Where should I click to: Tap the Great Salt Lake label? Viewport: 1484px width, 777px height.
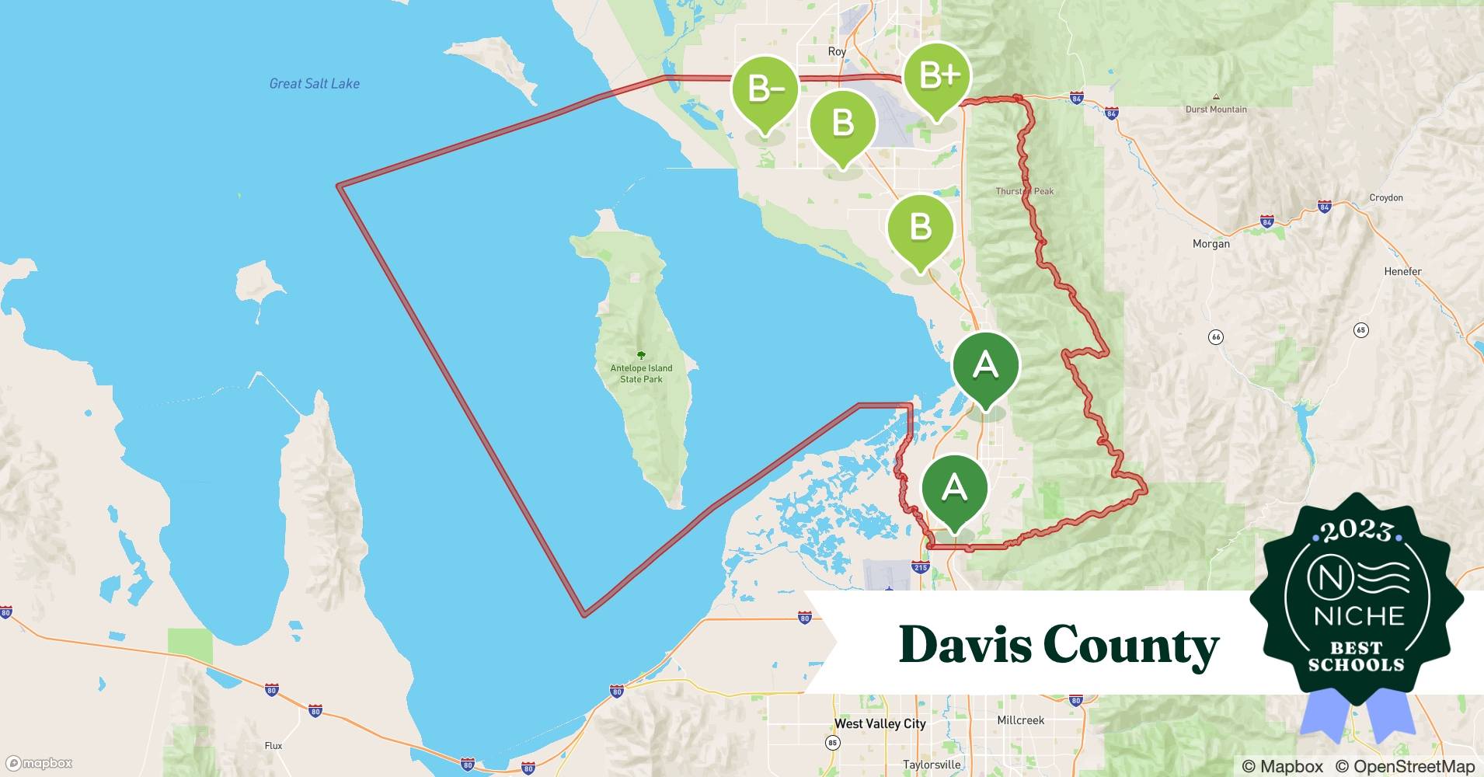[x=314, y=84]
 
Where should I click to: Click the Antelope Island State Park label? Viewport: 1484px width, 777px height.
[x=641, y=373]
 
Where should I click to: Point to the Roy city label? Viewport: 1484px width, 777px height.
[x=837, y=51]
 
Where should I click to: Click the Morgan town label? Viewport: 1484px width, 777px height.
[x=1211, y=244]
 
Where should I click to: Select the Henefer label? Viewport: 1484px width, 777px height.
[x=1402, y=272]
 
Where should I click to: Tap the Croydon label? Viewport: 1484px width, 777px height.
[x=1386, y=198]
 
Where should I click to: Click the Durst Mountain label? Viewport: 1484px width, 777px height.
[x=1216, y=110]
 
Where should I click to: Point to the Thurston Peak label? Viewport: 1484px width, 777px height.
[x=1024, y=191]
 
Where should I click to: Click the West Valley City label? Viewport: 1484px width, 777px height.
[x=880, y=723]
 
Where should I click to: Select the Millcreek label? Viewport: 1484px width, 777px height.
[x=1020, y=720]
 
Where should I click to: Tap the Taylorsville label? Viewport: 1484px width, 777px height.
[x=932, y=765]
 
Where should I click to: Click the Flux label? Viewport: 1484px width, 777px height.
[x=273, y=746]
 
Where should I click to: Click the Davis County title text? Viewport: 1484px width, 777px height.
[x=1058, y=645]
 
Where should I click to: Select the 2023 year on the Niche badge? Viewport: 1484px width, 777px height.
[x=1356, y=531]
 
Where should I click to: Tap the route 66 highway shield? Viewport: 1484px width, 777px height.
[x=1216, y=337]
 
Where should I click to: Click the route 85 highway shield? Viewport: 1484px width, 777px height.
[x=833, y=743]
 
